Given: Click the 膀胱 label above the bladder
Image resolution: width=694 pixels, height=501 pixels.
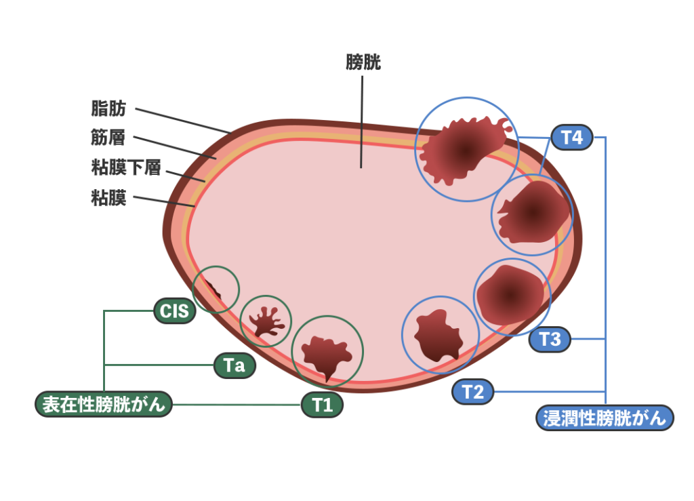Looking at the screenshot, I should [363, 63].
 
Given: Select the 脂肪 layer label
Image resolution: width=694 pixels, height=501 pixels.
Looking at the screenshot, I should [108, 108].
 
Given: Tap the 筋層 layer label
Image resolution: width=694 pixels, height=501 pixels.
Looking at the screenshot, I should [108, 138].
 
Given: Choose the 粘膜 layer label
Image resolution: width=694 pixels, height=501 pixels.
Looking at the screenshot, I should [108, 199].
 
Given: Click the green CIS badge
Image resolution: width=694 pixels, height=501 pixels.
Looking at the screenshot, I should [175, 311].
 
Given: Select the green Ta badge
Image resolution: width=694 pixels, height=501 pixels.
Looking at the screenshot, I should [234, 366].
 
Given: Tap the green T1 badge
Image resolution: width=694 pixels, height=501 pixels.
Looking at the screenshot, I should [323, 405].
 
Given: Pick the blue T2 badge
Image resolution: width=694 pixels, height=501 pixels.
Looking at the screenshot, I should [473, 392].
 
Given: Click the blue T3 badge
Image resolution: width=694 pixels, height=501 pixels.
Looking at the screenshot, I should [550, 338].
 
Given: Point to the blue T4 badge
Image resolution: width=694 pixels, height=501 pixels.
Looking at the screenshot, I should [572, 138].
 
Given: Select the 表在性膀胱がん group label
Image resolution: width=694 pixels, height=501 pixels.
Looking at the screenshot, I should [104, 405].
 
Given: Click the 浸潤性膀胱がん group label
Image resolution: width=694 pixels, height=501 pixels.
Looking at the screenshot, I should [605, 418].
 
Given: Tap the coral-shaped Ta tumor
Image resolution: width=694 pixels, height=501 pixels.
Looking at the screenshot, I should [266, 321].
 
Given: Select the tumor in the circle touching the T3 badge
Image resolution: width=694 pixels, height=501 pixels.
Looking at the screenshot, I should [510, 294].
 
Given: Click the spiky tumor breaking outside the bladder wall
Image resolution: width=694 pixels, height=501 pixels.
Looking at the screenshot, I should [465, 148].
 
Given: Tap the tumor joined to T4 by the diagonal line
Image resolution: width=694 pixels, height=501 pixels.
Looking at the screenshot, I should [533, 213].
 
